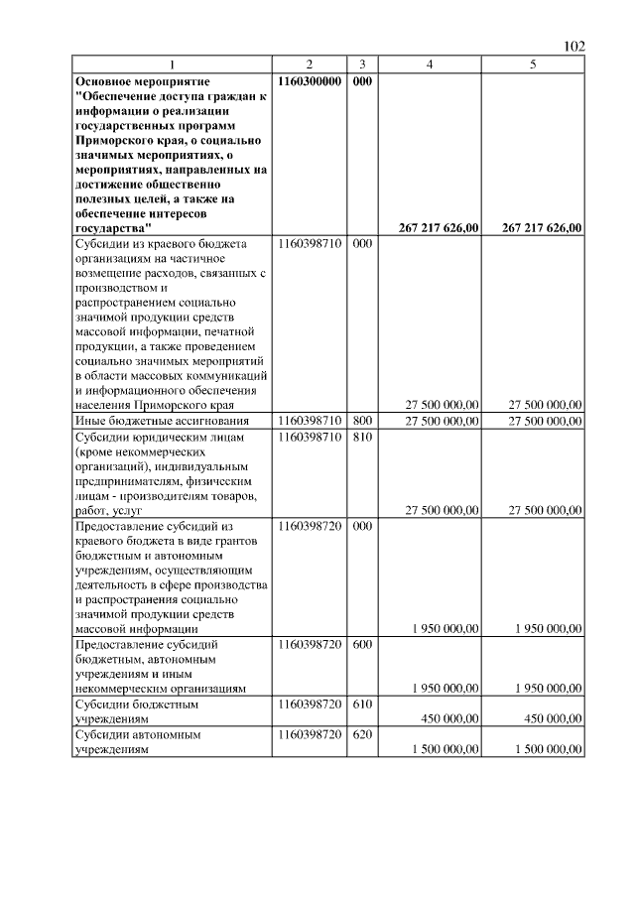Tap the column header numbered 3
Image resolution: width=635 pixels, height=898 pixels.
click(x=362, y=64)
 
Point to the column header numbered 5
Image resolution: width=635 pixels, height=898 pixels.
click(x=534, y=64)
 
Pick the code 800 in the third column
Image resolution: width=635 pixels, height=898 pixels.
click(x=362, y=421)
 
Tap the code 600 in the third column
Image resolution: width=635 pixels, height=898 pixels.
click(x=362, y=644)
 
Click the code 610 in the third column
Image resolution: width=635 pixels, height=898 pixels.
click(x=362, y=704)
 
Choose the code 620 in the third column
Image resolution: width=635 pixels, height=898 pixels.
click(x=362, y=735)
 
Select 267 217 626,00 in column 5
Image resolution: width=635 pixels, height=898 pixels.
click(x=542, y=227)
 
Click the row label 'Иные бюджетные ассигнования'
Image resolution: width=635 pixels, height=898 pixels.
click(x=156, y=421)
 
